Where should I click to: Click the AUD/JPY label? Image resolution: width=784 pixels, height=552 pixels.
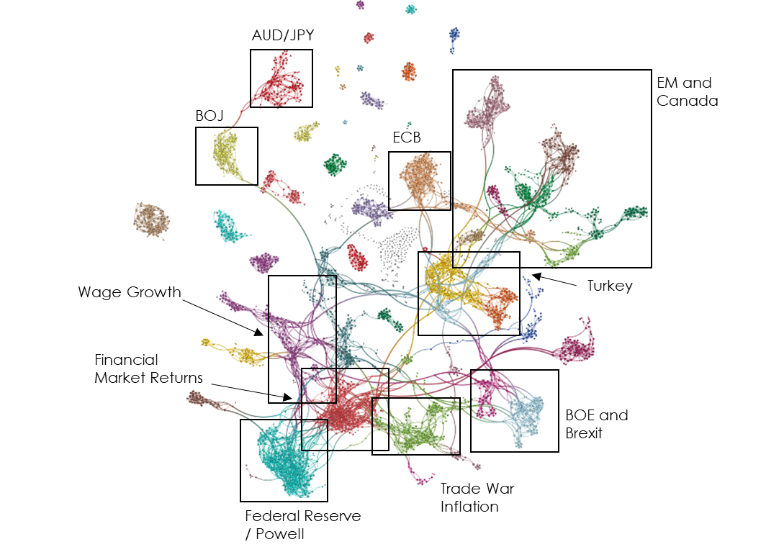point(282,35)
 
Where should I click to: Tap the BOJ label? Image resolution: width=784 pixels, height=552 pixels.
point(209,115)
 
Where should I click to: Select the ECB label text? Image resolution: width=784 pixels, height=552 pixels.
point(406,137)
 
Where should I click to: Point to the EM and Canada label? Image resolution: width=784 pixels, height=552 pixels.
point(687,91)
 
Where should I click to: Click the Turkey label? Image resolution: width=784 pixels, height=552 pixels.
point(609,286)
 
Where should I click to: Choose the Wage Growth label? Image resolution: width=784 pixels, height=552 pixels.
point(130,292)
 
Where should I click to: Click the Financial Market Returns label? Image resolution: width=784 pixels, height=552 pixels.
point(148,368)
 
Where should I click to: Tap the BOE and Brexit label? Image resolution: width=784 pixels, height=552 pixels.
point(596,424)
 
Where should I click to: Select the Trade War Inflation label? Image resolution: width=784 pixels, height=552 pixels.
point(477,497)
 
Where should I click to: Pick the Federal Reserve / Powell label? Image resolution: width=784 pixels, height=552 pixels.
point(302,524)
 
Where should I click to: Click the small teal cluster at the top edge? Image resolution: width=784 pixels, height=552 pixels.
point(410,9)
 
